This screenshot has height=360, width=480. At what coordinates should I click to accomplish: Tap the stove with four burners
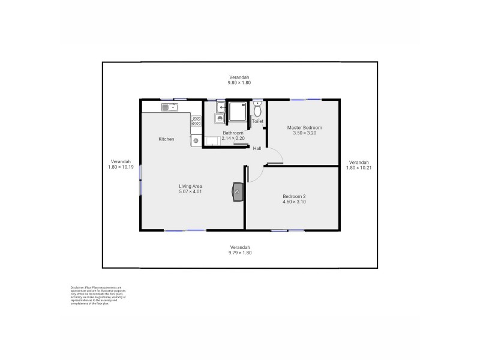point(196,122)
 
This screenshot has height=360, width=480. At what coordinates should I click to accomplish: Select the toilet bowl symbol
point(257,110)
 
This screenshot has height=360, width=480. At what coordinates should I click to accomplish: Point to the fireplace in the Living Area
point(238,192)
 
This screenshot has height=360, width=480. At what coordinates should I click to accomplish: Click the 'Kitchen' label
point(166,139)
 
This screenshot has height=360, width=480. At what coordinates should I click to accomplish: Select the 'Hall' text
point(257,148)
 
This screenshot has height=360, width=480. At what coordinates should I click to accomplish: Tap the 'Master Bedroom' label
point(304,127)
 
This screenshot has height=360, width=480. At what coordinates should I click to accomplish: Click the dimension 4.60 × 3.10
point(295,202)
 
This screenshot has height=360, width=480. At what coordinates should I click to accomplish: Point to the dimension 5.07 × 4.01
point(190,191)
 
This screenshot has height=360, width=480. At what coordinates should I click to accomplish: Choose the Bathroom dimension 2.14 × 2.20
point(233,138)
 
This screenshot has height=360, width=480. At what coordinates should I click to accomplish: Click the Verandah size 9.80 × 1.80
point(239,82)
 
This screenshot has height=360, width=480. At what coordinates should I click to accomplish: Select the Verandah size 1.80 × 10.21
point(359,167)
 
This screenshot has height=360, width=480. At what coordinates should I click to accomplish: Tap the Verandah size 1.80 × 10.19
point(120,167)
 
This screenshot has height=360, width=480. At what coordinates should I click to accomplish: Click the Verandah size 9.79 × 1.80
point(239,253)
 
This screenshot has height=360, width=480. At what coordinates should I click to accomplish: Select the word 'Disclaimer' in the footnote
point(77,288)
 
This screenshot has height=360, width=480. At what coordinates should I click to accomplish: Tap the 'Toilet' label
point(257,121)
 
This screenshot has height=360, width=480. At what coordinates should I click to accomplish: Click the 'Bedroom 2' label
point(295,196)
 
